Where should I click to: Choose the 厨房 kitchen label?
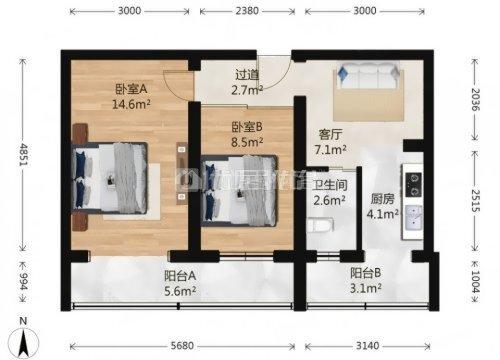pyautogui.click(x=381, y=197)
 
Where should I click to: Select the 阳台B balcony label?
pyautogui.click(x=351, y=282)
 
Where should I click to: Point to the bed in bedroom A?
pyautogui.click(x=111, y=174)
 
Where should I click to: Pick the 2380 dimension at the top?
pyautogui.click(x=247, y=13)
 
